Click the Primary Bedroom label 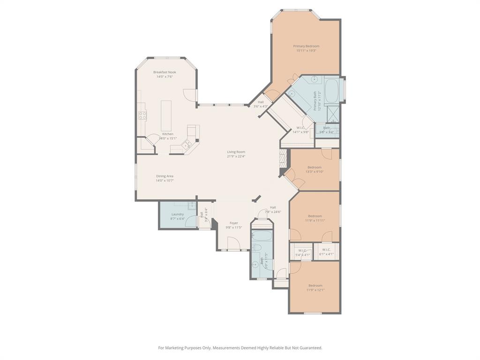(306, 46)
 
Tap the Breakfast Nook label (165, 72)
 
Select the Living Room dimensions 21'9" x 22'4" (236, 157)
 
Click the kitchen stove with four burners (142, 115)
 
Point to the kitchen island (166, 115)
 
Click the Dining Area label (165, 176)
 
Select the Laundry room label (178, 214)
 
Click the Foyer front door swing (233, 243)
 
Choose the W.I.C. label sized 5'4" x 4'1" (302, 250)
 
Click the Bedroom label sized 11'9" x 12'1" (315, 285)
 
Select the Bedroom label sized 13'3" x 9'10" (315, 167)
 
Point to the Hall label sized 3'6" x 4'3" (261, 102)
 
